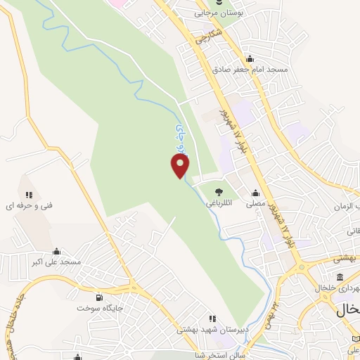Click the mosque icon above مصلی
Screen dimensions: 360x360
255,192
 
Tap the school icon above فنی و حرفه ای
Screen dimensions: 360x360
29,194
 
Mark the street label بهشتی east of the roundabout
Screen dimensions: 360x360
346,259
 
